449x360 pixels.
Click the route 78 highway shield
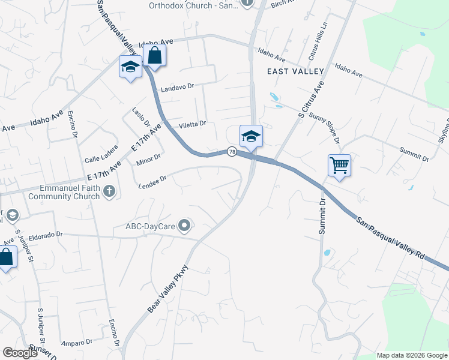[x=231, y=152]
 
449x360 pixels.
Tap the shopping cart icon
[x=339, y=165]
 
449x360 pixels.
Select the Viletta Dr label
[x=193, y=125]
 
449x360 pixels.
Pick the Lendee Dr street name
[x=152, y=178]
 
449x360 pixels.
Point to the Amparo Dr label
[x=77, y=342]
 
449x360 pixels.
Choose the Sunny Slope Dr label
[x=325, y=127]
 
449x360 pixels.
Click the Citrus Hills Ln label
[x=318, y=45]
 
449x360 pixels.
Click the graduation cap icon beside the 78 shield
[x=250, y=136]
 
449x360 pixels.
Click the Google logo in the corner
[x=20, y=353]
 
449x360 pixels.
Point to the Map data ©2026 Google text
[x=411, y=355]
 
